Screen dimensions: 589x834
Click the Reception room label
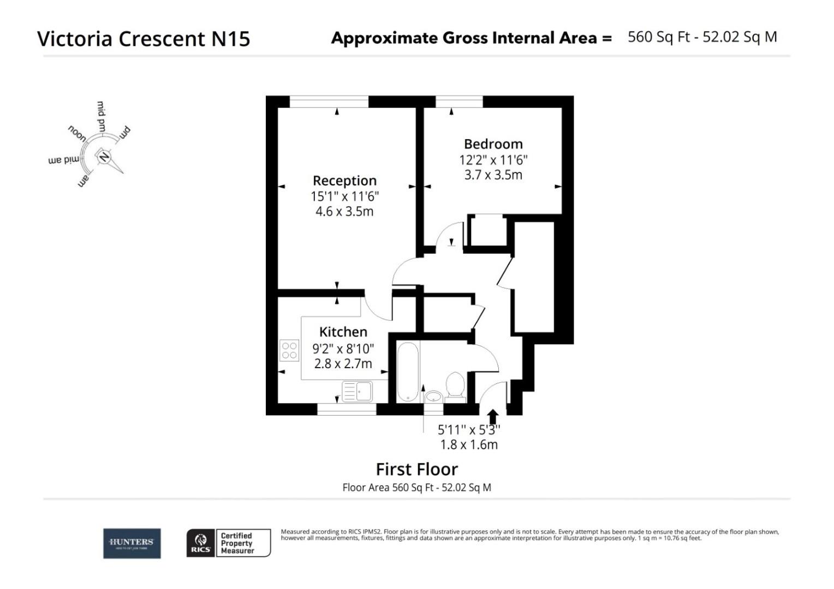(344, 181)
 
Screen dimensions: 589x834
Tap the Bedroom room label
(493, 144)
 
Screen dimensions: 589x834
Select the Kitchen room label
(343, 332)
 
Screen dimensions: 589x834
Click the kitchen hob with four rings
(289, 350)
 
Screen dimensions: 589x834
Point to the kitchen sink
(357, 391)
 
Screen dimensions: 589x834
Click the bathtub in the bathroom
(408, 372)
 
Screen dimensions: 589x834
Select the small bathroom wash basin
(434, 396)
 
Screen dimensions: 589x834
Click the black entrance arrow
(492, 417)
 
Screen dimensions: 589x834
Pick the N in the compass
(104, 157)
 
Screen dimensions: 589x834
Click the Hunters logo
(132, 543)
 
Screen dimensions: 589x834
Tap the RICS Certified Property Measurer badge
(228, 543)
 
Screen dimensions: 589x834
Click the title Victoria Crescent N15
(144, 39)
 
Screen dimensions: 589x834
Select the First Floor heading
(416, 469)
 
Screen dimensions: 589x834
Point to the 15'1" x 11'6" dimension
(344, 196)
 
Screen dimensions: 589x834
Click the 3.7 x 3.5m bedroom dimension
(493, 175)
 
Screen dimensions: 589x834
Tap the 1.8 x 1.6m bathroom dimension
(469, 444)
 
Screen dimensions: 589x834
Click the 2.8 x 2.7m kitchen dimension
(343, 363)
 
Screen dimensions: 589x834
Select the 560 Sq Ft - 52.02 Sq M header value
(702, 37)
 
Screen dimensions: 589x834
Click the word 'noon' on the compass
(77, 133)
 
